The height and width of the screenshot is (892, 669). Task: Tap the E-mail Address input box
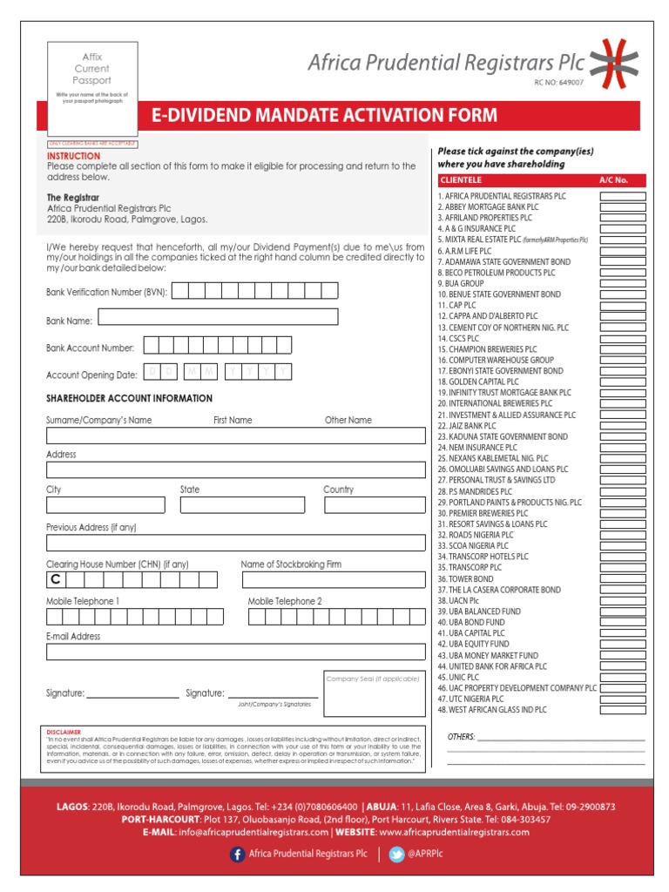234,652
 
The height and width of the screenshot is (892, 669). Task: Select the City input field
105,504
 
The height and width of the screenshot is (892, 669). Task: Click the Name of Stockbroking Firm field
333,579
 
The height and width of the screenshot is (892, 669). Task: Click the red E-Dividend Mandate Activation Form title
324,115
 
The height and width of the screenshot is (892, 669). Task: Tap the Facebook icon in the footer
237,855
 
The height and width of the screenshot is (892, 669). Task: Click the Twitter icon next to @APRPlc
396,855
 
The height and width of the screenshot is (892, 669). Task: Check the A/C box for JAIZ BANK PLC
622,426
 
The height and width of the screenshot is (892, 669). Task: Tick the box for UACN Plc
622,601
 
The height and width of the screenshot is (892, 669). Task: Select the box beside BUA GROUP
622,284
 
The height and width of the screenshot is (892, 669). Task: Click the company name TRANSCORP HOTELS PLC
483,557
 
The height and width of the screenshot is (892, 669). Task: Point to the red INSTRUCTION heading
73,156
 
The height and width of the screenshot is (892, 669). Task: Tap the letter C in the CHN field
55,580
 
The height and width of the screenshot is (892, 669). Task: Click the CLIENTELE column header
462,180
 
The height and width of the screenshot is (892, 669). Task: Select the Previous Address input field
234,543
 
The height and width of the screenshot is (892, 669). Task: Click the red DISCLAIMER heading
65,733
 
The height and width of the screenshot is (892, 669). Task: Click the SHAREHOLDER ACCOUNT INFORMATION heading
129,398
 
